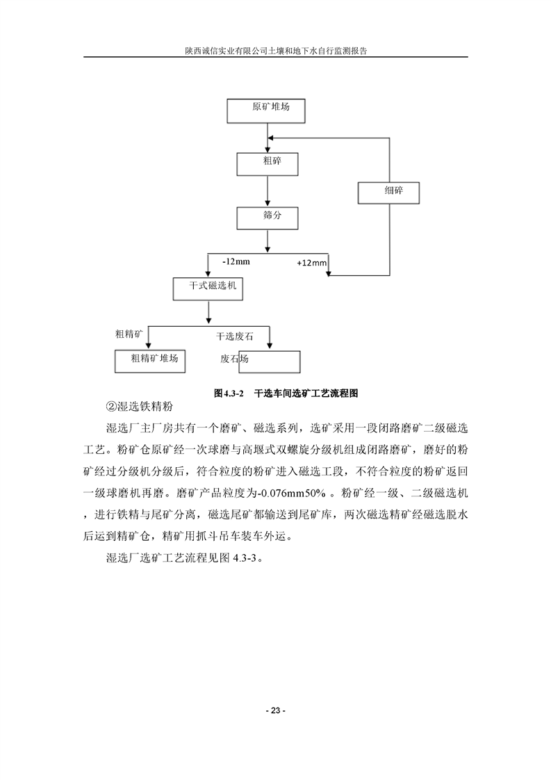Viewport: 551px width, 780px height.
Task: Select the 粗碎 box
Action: pyautogui.click(x=268, y=164)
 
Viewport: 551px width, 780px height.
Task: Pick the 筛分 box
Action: pyautogui.click(x=268, y=218)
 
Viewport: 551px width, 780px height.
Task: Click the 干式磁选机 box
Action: pyautogui.click(x=208, y=289)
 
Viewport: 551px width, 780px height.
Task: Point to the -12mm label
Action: pyautogui.click(x=236, y=262)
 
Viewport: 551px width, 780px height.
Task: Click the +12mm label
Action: pyautogui.click(x=311, y=263)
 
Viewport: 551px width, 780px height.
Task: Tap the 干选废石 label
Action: pyautogui.click(x=235, y=336)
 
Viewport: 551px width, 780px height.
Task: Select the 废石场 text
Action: pyautogui.click(x=234, y=359)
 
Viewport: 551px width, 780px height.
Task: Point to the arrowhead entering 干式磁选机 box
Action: pyautogui.click(x=208, y=275)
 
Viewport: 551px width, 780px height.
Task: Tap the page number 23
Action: pyautogui.click(x=275, y=710)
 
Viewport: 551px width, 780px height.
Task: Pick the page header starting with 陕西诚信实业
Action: pyautogui.click(x=275, y=51)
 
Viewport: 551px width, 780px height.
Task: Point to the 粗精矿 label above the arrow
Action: pyautogui.click(x=129, y=334)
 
